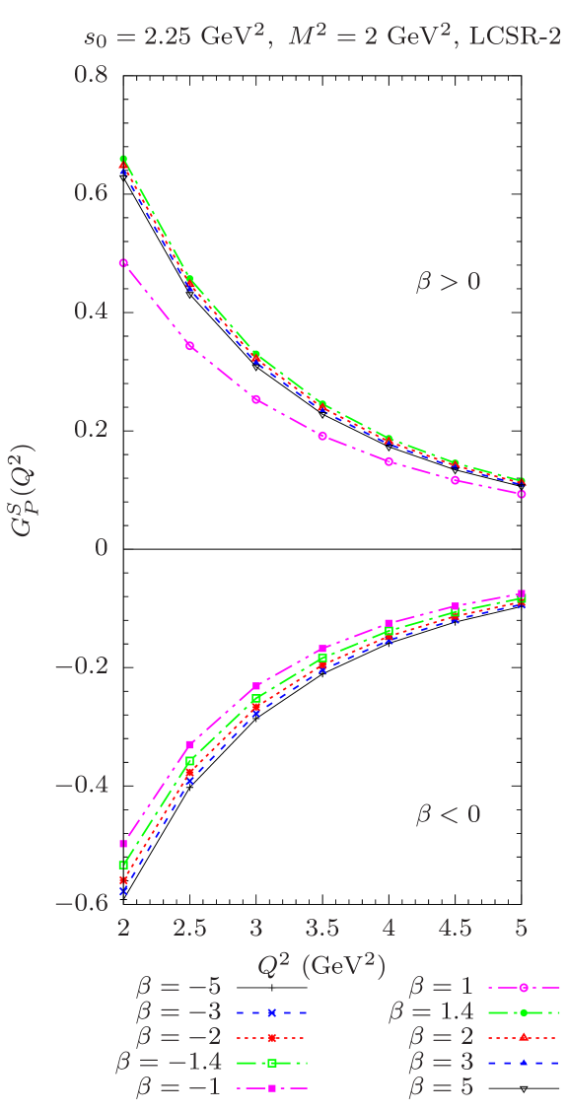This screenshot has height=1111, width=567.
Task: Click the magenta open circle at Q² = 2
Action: pyautogui.click(x=123, y=263)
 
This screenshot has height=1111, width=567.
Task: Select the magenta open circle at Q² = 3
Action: pyautogui.click(x=256, y=399)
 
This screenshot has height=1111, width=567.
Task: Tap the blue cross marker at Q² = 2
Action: pyautogui.click(x=123, y=890)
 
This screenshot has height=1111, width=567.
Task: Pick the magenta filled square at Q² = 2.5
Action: pyautogui.click(x=190, y=744)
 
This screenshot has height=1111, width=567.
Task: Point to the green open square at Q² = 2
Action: pyautogui.click(x=123, y=865)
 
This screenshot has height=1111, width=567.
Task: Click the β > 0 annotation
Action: pyautogui.click(x=448, y=282)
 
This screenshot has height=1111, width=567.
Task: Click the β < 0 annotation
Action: pyautogui.click(x=448, y=814)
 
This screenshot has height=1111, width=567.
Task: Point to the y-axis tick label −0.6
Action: pyautogui.click(x=81, y=903)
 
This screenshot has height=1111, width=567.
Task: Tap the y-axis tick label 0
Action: pyautogui.click(x=101, y=547)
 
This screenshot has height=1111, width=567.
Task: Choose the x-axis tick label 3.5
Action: pyautogui.click(x=322, y=929)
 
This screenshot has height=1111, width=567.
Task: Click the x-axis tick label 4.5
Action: pyautogui.click(x=455, y=929)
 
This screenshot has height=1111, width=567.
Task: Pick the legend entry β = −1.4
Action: pyautogui.click(x=168, y=1063)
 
